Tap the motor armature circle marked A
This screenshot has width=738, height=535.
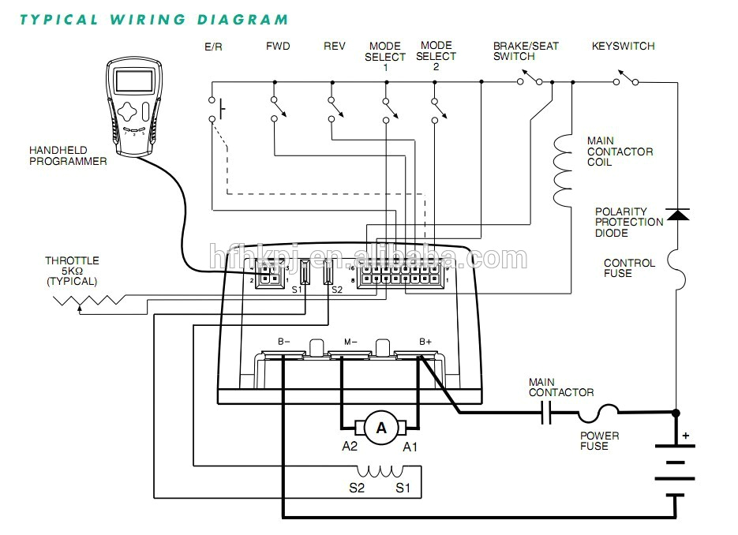[381, 428]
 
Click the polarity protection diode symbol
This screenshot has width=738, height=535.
[677, 214]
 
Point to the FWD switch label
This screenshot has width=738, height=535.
[278, 47]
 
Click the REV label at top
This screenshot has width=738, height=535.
[335, 47]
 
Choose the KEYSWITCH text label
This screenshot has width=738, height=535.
[623, 47]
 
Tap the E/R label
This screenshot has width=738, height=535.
[213, 47]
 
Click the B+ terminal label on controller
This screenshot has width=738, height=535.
[425, 342]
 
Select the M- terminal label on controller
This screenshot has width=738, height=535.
[350, 342]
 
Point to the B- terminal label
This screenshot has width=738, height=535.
[283, 342]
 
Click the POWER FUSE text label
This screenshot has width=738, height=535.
[600, 441]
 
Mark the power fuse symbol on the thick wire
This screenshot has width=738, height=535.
[598, 411]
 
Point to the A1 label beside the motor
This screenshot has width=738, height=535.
[410, 447]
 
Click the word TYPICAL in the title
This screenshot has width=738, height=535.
[59, 19]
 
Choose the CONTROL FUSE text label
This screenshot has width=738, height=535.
[629, 268]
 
